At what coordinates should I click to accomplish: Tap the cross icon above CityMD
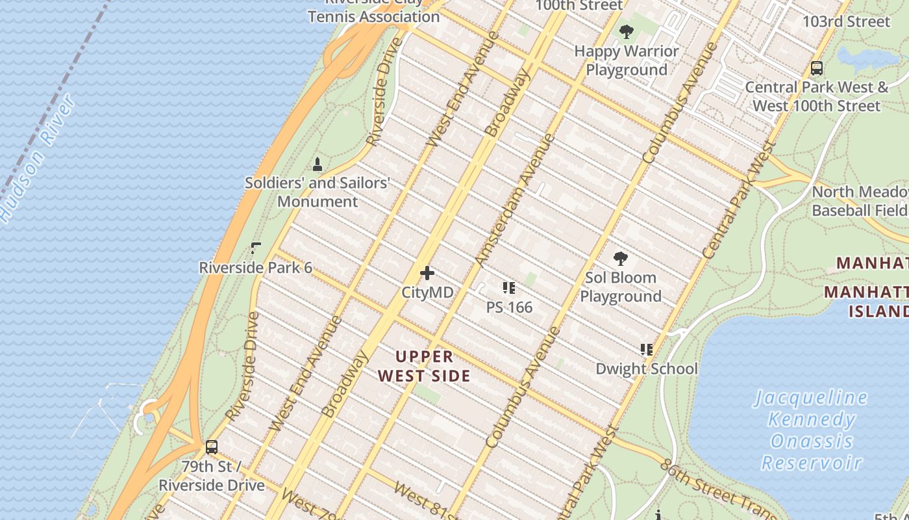[427, 273]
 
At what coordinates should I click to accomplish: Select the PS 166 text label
[509, 307]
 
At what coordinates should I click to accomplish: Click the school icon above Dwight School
[647, 350]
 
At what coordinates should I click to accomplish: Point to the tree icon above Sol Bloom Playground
[621, 259]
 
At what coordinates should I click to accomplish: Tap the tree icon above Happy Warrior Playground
[627, 31]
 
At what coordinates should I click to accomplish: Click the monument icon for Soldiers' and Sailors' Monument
[318, 164]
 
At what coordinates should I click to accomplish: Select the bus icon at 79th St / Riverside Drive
[212, 447]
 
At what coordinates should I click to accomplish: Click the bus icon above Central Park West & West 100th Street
[817, 68]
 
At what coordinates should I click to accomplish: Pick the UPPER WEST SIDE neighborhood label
[424, 366]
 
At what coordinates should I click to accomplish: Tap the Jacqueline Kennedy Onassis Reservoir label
[811, 430]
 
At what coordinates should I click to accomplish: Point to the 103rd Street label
[846, 21]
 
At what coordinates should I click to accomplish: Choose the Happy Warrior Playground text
[627, 60]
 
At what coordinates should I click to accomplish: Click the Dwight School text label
[647, 369]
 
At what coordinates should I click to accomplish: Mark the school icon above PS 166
[509, 287]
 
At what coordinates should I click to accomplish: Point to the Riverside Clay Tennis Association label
[374, 12]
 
